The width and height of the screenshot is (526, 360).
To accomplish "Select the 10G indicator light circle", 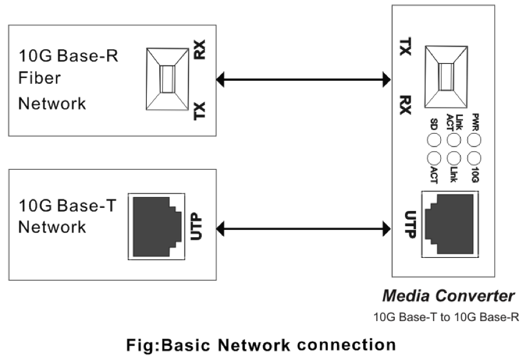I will (x=474, y=158).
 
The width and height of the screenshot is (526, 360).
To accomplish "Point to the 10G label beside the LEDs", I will (x=475, y=176).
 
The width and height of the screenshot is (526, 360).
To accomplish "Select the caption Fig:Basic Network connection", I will (x=261, y=345).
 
